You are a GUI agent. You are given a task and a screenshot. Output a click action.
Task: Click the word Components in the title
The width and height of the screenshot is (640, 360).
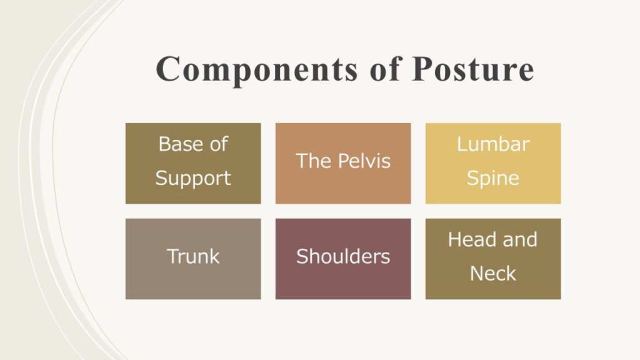coord(257,70)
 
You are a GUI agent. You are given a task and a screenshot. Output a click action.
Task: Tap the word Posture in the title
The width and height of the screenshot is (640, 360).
coord(473,69)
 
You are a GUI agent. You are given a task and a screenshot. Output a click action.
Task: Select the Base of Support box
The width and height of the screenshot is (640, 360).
coord(193,163)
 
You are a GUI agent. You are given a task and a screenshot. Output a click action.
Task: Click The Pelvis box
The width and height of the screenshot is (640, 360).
coord(343,163)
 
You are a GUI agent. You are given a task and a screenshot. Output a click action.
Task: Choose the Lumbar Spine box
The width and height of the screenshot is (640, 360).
coord(493,163)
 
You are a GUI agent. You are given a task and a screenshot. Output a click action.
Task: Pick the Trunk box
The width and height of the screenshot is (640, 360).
coord(193,259)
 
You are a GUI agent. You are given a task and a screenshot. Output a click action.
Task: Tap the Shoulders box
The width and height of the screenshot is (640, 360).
coord(343,259)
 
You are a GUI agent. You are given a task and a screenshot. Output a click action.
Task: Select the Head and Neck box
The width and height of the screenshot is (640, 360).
coord(493,259)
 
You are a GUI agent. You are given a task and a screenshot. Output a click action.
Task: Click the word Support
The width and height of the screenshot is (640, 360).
coord(193,179)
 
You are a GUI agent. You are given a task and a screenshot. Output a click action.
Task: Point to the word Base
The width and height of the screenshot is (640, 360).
coord(176,144)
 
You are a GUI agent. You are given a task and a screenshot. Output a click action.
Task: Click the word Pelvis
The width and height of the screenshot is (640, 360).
coord(364,161)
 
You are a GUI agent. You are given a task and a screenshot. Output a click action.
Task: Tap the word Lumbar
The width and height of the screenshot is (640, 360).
coord(493,144)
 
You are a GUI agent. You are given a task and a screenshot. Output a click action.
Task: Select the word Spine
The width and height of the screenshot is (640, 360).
coord(493,179)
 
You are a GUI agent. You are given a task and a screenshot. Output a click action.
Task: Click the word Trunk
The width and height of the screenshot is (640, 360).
coord(193,256)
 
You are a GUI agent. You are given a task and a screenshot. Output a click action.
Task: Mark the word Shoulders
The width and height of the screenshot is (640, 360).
coord(343,256)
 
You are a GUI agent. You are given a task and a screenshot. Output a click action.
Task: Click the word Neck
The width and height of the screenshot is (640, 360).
coord(493,274)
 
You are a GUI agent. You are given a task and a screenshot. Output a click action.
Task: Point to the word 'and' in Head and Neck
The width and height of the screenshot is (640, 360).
coord(520,239)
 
